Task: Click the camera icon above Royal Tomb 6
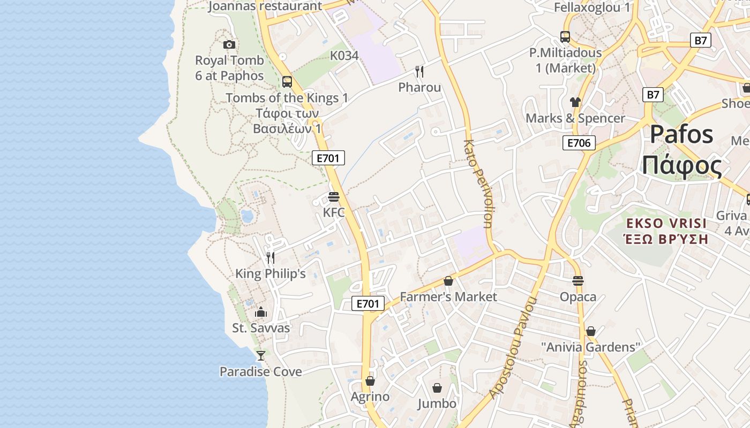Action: [229, 44]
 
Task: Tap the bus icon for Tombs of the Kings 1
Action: [287, 82]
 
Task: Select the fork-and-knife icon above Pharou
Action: [419, 72]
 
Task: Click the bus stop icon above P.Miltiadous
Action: [565, 37]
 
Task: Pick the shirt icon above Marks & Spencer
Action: [575, 102]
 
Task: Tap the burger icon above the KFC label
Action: [334, 197]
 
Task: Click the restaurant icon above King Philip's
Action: [271, 258]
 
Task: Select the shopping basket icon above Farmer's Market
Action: [448, 281]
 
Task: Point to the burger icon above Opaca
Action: [577, 281]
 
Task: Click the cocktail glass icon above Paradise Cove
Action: [260, 355]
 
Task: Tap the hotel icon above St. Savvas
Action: [261, 312]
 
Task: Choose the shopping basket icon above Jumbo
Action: [437, 388]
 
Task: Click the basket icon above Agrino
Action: [370, 381]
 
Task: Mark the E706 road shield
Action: [579, 143]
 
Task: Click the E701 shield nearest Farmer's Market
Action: [368, 304]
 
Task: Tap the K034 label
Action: [344, 56]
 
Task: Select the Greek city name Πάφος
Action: [681, 166]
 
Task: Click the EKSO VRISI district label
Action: [666, 223]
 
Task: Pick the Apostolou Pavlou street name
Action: [513, 348]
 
